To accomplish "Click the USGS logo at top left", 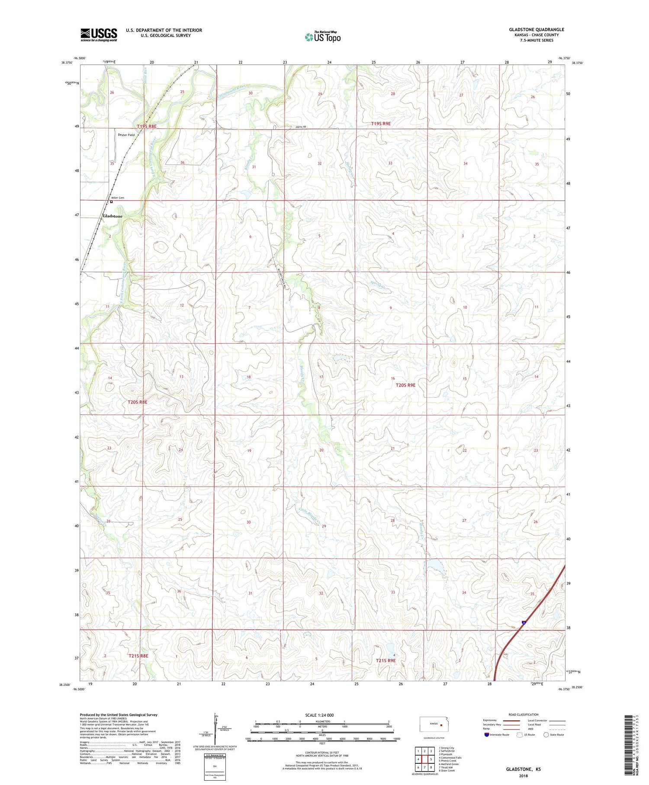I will (99, 35).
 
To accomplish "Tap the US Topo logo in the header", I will (322, 37).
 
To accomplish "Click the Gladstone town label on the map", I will (112, 216).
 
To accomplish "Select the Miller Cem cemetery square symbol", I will (111, 202).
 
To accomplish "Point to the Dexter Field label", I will (126, 135).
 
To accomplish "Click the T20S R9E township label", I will (405, 385).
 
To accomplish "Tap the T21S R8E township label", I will (138, 656).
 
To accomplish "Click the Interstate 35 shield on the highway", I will (524, 623).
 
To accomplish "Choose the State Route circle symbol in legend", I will (546, 734).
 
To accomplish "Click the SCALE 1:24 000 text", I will (319, 715).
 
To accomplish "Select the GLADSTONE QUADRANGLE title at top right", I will (537, 29).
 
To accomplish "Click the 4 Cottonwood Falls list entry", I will (450, 758).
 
